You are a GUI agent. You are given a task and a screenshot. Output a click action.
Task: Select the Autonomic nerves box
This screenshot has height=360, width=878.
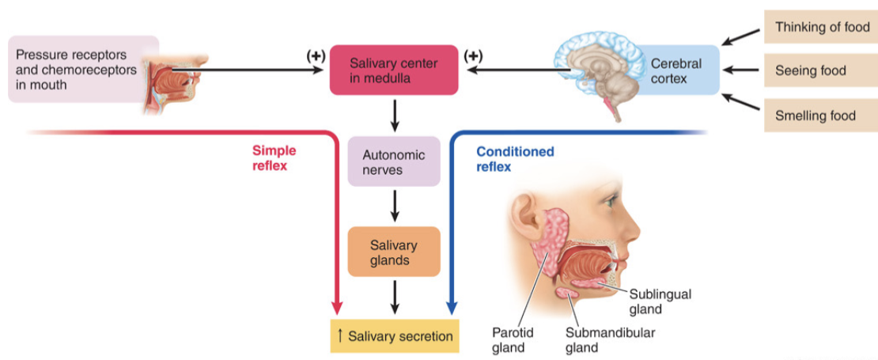[394, 162]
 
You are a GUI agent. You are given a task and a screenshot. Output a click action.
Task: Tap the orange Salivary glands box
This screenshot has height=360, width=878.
[394, 252]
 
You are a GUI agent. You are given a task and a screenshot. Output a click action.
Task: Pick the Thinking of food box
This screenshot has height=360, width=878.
[820, 27]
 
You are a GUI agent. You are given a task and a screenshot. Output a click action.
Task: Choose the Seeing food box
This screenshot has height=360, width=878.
[820, 71]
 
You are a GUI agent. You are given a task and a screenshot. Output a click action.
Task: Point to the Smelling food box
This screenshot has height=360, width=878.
[820, 116]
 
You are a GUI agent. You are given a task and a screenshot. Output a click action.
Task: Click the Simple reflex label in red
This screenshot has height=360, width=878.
[274, 158]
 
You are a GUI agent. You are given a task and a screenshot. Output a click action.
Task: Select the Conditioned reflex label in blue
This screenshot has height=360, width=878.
[515, 159]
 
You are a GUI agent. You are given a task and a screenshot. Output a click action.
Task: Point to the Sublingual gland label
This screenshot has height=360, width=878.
[660, 301]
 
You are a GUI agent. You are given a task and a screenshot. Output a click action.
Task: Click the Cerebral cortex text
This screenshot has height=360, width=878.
[676, 70]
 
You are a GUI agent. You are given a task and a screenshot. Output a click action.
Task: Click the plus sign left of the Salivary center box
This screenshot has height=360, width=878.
[316, 56]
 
